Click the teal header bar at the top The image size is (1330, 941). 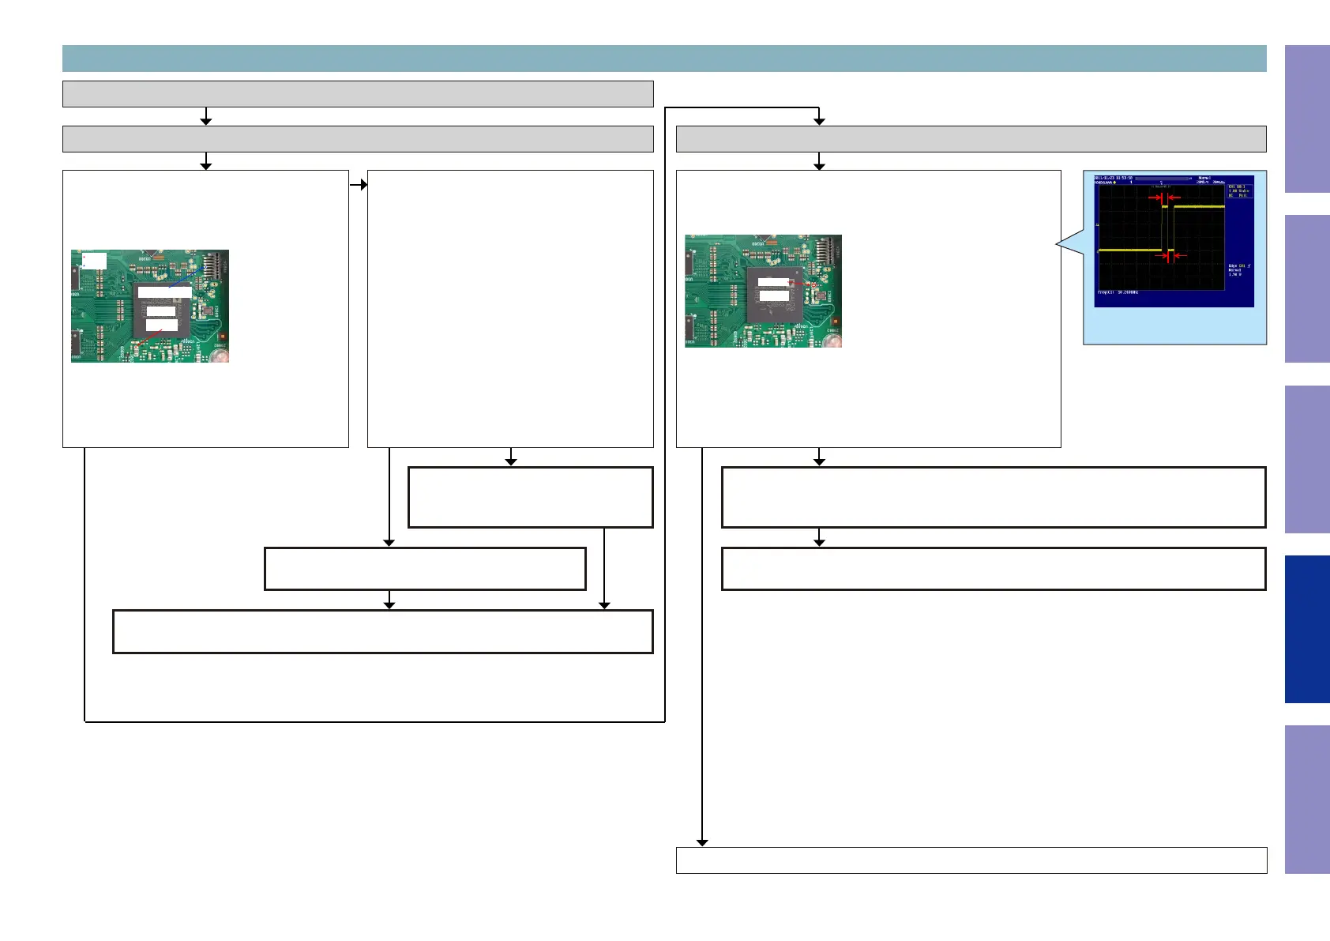663,58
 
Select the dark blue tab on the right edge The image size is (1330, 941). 1306,629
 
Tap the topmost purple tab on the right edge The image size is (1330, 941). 1306,119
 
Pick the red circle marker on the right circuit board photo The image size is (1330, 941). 813,284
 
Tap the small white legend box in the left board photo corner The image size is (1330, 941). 94,261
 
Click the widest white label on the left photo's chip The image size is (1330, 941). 164,292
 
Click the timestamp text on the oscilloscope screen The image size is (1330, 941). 1113,179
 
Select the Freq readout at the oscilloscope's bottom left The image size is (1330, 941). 1117,292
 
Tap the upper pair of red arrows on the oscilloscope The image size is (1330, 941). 1164,198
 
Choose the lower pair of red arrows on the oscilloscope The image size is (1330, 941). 1171,256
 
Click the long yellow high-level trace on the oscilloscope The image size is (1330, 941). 1199,207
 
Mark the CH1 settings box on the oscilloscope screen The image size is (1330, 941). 1238,191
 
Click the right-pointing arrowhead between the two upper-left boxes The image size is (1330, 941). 363,185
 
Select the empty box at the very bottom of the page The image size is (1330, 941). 971,860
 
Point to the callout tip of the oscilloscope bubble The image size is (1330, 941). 1058,246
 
